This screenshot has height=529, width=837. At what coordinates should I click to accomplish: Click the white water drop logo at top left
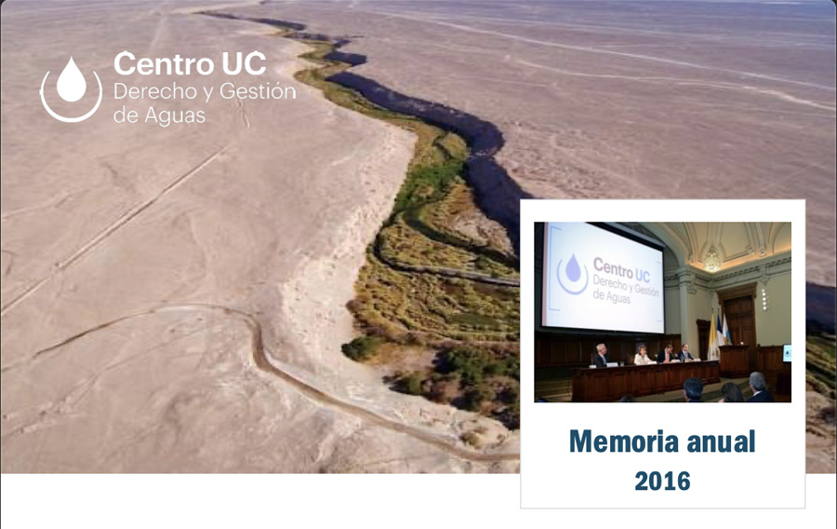coord(71,88)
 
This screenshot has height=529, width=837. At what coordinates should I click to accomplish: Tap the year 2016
coord(662,481)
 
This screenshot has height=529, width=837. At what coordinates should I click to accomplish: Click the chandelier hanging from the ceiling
coord(711,259)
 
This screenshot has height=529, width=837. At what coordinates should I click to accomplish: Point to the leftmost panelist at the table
coord(601,354)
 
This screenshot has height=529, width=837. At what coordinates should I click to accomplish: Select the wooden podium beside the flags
coord(735,359)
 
